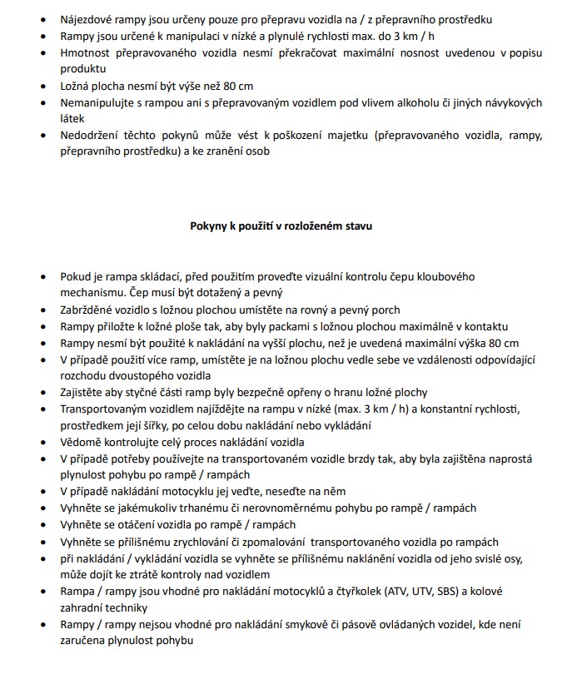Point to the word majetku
click(350, 136)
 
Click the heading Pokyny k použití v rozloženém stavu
click(288, 225)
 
